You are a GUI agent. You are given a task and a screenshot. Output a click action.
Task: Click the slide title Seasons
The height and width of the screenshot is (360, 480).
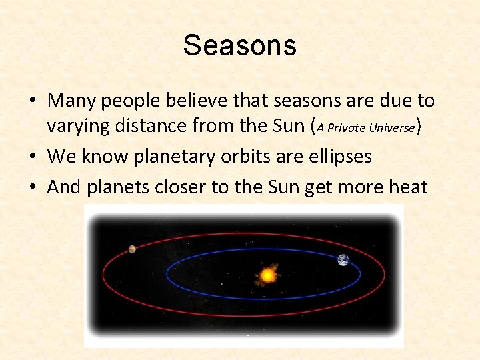click(239, 45)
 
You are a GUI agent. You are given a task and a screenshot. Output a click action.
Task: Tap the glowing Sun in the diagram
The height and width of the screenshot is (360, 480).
click(268, 274)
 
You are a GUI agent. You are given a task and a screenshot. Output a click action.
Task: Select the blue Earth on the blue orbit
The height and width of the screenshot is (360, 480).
click(343, 260)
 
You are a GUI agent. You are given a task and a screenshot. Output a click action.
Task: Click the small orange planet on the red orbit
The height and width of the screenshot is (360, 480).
click(132, 249)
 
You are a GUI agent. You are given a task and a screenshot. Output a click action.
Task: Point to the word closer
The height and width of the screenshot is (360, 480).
click(181, 187)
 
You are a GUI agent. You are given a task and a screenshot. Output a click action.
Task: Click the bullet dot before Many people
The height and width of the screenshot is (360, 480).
click(33, 101)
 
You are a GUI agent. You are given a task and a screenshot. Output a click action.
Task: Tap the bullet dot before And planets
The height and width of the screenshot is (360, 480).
click(33, 188)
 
